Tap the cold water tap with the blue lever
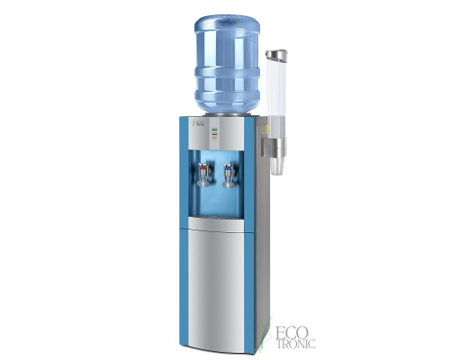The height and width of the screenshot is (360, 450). (x=228, y=173)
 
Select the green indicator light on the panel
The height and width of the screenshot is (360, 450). (x=214, y=130)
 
